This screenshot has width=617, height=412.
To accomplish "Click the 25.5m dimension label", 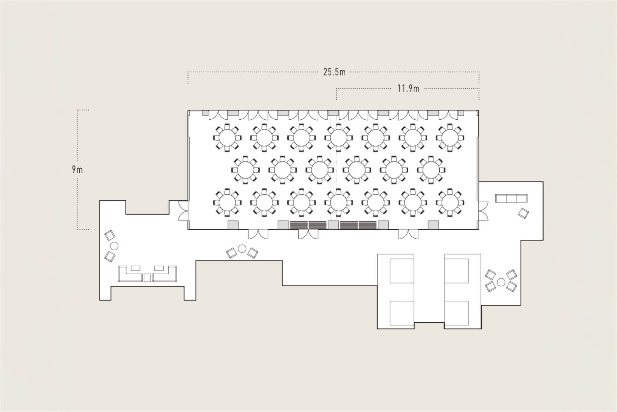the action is (x=334, y=72).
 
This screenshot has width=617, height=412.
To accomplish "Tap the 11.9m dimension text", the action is (x=408, y=89).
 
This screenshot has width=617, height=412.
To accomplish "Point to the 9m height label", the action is (x=77, y=169).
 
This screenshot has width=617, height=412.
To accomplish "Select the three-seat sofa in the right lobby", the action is (x=511, y=198).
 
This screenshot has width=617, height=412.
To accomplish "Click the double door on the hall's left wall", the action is (x=183, y=211).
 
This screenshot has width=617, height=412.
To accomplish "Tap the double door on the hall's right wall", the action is (x=483, y=211).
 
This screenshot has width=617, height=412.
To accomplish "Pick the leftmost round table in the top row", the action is (x=227, y=137).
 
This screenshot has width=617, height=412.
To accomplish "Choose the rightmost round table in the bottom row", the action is (x=450, y=202).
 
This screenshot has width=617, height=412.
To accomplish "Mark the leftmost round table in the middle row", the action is (x=245, y=170).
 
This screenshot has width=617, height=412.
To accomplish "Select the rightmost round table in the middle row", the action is (x=431, y=170).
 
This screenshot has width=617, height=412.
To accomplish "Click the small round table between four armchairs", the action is (x=501, y=282).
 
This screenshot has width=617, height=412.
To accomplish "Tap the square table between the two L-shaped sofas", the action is (x=147, y=278).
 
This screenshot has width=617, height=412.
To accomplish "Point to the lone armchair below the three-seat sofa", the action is (x=523, y=213).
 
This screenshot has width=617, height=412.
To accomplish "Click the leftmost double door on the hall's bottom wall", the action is (x=258, y=234).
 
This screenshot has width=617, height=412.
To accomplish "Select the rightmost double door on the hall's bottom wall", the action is (x=408, y=234).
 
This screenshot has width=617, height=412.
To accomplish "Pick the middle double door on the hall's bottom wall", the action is (x=308, y=234).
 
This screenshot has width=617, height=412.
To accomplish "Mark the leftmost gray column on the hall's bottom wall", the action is (x=233, y=225).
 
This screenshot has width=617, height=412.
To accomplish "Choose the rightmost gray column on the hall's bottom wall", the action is (x=433, y=225).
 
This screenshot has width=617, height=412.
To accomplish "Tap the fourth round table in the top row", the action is (x=338, y=137).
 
